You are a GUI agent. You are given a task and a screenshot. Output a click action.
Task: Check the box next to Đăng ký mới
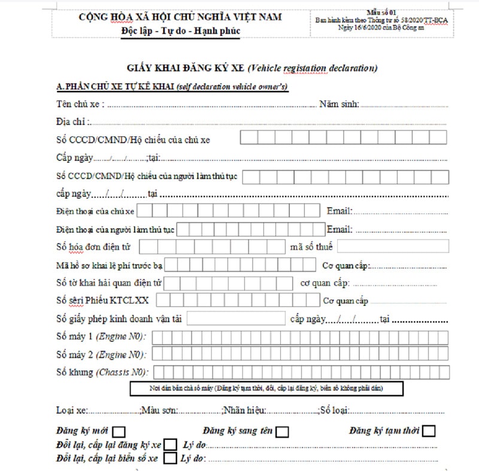(119, 431)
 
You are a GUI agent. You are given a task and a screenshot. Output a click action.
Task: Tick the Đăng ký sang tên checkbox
(282, 431)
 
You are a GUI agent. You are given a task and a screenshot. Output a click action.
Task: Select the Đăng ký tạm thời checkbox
(428, 431)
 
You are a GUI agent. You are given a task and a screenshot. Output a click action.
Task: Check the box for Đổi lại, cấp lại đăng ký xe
(170, 445)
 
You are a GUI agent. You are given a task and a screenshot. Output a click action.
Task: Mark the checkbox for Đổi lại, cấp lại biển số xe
(170, 458)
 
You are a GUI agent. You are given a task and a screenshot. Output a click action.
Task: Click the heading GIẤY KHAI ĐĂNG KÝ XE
(186, 68)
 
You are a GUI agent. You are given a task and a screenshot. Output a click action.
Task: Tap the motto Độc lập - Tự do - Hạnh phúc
(180, 31)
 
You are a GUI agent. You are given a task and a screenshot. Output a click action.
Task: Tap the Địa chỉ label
(71, 122)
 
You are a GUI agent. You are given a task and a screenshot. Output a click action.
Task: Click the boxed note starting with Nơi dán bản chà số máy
(266, 389)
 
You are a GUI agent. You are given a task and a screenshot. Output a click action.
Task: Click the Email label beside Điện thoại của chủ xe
(339, 211)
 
